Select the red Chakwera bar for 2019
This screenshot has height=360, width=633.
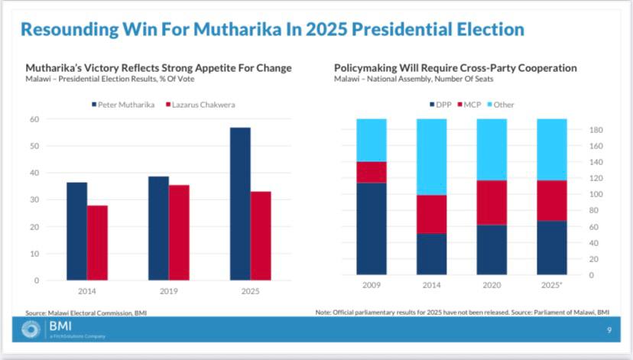(179, 232)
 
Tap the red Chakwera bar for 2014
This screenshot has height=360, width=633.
(97, 242)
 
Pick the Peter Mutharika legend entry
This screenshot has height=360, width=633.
(125, 103)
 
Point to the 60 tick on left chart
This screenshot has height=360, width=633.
(34, 118)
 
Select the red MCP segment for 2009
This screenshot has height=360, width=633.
(372, 172)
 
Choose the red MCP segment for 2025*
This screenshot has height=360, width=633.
(552, 200)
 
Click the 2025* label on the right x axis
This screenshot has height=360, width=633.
(552, 284)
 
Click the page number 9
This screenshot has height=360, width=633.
(609, 330)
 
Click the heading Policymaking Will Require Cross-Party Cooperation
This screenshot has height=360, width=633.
(456, 68)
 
